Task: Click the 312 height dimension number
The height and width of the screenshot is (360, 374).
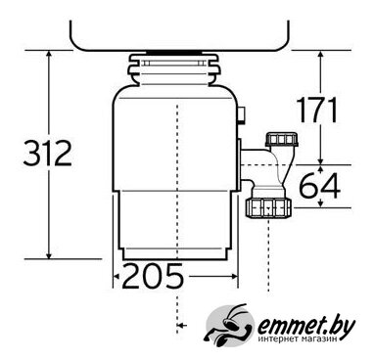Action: (48, 153)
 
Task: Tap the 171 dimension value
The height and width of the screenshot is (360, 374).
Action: (316, 110)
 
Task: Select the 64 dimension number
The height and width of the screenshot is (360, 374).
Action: (320, 186)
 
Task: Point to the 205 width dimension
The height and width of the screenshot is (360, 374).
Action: (153, 276)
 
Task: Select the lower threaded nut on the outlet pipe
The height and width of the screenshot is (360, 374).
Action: (268, 208)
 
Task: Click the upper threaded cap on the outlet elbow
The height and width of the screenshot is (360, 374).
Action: (282, 139)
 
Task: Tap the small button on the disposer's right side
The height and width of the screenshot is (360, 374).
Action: (243, 115)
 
